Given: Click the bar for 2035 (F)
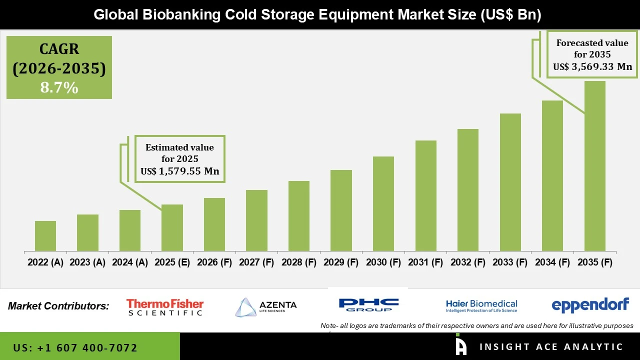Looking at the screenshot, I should [x=594, y=166].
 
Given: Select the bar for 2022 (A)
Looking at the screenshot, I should [x=45, y=236].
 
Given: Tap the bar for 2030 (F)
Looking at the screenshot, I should [x=383, y=204].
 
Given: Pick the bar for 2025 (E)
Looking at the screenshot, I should [x=172, y=228].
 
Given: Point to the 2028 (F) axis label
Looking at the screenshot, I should [x=299, y=262].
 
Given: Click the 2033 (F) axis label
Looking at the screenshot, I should [x=510, y=262].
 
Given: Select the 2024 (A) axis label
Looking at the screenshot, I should [x=129, y=262].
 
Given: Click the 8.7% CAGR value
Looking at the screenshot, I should [x=59, y=88].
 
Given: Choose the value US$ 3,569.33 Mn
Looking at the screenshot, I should [x=592, y=66].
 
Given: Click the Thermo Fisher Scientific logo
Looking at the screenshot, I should [x=165, y=307].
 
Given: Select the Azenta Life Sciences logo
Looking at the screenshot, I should [x=266, y=307].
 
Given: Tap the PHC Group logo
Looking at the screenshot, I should [x=368, y=304].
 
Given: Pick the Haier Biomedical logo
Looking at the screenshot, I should [x=481, y=305].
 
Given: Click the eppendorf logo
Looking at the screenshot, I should [x=590, y=305].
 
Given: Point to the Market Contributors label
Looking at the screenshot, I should [x=58, y=306].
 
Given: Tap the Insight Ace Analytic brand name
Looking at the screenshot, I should [x=551, y=347].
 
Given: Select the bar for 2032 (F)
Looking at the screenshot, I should [x=468, y=190].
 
